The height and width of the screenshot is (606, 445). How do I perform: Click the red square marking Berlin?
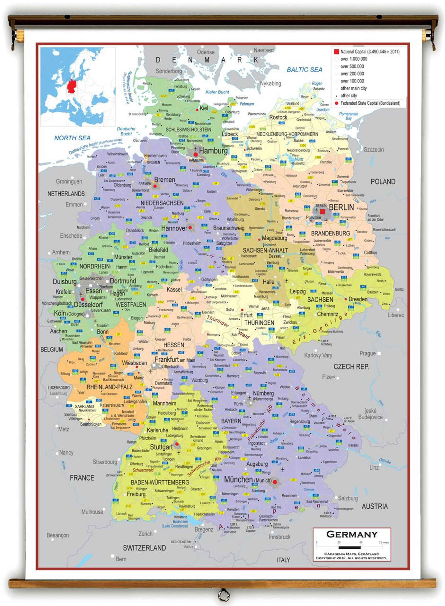[x=322, y=211]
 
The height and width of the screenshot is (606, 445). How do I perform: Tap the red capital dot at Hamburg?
[x=196, y=154]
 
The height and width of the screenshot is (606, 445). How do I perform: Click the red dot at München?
[x=275, y=482]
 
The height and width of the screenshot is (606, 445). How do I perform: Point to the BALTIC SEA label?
[x=304, y=70]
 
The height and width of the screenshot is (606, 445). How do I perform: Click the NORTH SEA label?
[x=72, y=138]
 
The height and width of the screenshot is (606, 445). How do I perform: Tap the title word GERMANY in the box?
[x=352, y=534]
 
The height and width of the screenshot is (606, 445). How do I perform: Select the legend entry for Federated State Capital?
[x=370, y=103]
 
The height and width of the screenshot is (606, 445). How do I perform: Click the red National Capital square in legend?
[x=336, y=52]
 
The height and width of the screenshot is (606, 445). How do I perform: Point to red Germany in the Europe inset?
[x=71, y=86]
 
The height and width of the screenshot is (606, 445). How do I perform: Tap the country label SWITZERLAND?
[x=144, y=548]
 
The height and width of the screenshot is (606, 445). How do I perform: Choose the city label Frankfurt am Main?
[x=175, y=360]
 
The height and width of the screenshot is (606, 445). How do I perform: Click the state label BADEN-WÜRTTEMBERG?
[x=160, y=482]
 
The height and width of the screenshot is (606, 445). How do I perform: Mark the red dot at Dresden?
[x=346, y=299]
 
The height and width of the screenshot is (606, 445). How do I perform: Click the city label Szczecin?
[x=374, y=150]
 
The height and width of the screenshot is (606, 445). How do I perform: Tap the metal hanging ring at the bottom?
[x=224, y=594]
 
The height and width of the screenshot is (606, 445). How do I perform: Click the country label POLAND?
[x=383, y=182]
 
